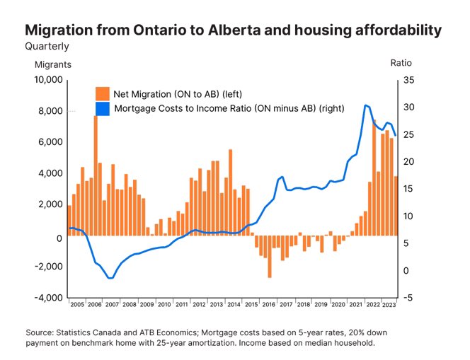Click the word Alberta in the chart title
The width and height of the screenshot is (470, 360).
(x=221, y=30)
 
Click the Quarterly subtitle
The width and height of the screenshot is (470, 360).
(x=47, y=47)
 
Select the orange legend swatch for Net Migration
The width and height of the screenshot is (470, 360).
(x=103, y=93)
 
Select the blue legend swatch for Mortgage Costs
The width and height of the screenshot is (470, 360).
(x=103, y=108)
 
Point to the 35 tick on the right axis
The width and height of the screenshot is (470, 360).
(x=409, y=80)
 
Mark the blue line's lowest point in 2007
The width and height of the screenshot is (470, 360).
(x=110, y=278)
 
